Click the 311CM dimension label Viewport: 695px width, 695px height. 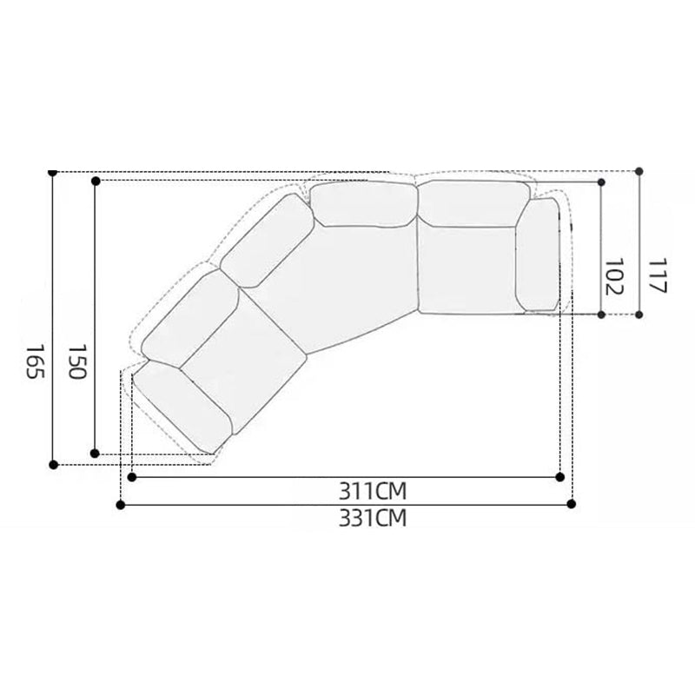373,491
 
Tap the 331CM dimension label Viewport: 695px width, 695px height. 373,518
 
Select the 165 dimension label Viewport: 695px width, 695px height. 35,361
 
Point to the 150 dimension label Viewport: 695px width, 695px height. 76,361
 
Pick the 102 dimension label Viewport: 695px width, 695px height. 614,276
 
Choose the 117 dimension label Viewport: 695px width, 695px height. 658,275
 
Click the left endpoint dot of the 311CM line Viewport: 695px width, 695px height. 132,477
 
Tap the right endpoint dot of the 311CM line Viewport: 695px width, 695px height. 559,477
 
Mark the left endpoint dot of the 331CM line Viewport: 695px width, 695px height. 120,505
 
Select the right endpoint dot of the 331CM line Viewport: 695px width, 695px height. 572,504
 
